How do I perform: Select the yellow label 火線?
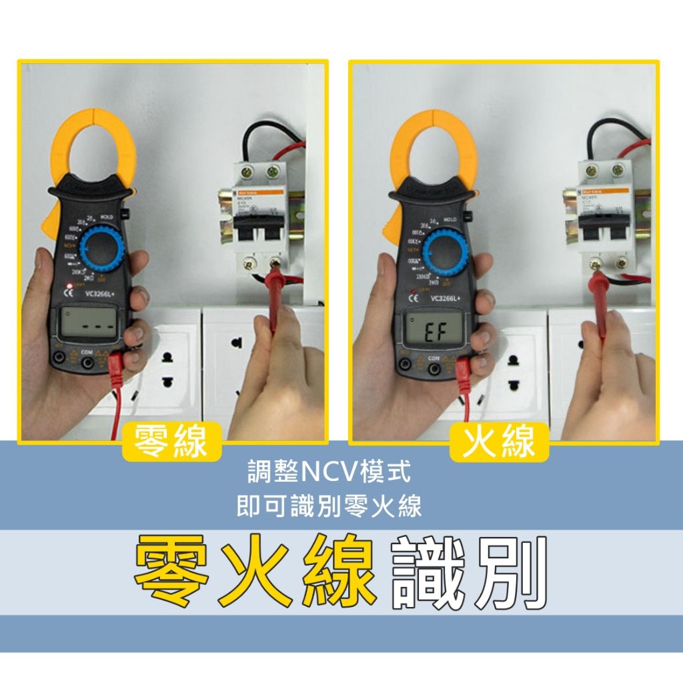click(499, 442)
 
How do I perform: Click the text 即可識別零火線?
click(329, 507)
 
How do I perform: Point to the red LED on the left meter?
click(67, 287)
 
